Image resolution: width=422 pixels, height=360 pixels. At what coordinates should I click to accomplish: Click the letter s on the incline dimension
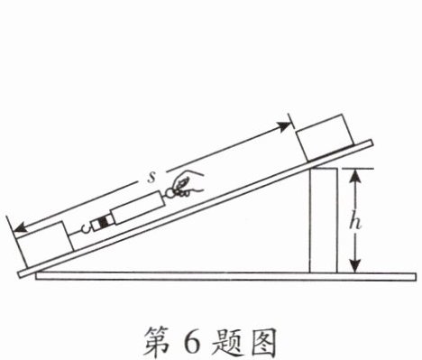pyautogui.click(x=151, y=178)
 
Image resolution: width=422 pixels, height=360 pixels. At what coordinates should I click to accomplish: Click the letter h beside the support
pyautogui.click(x=355, y=223)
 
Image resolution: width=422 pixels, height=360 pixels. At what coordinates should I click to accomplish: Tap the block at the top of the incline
pyautogui.click(x=325, y=138)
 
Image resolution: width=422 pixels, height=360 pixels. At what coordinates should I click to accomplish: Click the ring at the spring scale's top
pyautogui.click(x=170, y=193)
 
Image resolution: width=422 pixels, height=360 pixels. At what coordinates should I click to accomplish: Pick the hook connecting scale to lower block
pyautogui.click(x=86, y=229)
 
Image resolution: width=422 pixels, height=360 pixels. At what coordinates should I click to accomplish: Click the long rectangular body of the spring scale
pyautogui.click(x=138, y=208)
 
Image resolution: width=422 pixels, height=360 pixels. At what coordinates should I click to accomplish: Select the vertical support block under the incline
pyautogui.click(x=324, y=220)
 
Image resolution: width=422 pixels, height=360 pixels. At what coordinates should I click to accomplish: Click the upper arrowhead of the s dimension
pyautogui.click(x=285, y=126)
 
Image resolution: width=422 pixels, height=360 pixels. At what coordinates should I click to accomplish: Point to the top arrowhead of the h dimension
pyautogui.click(x=356, y=175)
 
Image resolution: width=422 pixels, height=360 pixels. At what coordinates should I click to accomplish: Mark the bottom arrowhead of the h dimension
pyautogui.click(x=356, y=266)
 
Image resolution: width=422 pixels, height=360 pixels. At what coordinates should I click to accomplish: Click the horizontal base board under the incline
pyautogui.click(x=225, y=276)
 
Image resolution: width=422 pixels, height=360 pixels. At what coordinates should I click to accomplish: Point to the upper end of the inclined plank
pyautogui.click(x=371, y=143)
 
